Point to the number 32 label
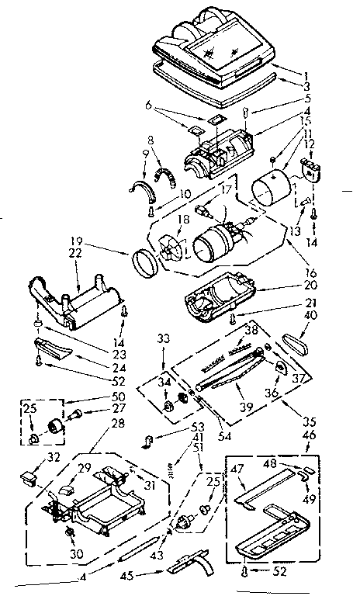coord(33,459)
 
